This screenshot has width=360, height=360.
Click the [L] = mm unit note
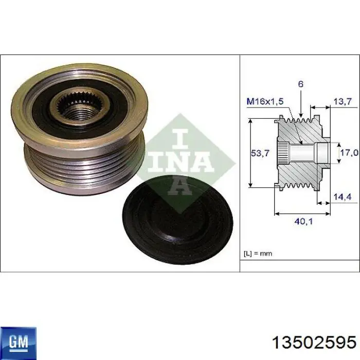point(258,253)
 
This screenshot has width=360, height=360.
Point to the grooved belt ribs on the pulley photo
point(77,165)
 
